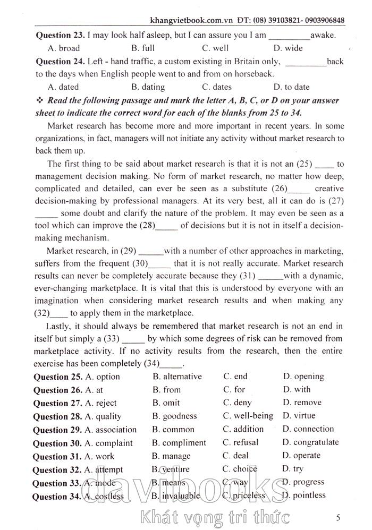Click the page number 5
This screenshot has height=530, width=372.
[339, 516]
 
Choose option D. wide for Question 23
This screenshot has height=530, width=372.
[288, 48]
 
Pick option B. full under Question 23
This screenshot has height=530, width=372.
[142, 48]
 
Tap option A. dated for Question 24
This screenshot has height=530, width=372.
[63, 87]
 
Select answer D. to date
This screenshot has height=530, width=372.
[291, 87]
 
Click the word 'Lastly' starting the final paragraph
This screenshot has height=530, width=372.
[58, 326]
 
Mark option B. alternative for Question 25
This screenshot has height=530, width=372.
[177, 377]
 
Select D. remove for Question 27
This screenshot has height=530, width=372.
[302, 403]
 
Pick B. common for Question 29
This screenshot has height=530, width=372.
[173, 429]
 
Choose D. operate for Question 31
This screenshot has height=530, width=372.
[301, 456]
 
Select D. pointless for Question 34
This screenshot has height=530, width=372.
[304, 495]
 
